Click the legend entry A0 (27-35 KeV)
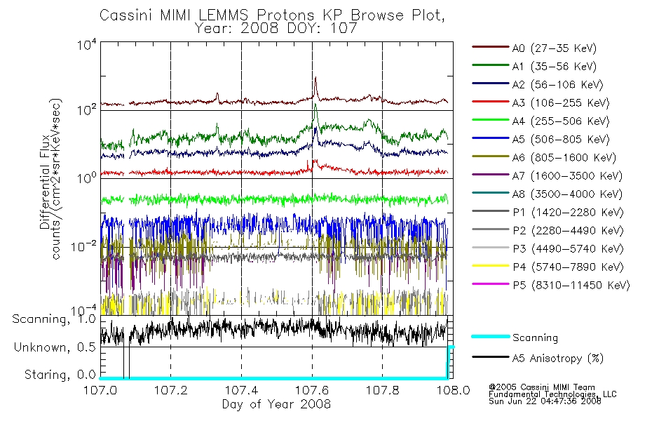pos(554,48)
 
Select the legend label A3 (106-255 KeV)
pos(561,103)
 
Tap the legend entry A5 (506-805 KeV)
pos(561,140)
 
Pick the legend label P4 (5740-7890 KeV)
pos(568,267)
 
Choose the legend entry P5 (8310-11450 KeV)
pos(571,286)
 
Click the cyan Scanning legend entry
pos(535,338)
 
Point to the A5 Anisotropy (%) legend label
pos(558,359)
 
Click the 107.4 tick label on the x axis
pos(242,390)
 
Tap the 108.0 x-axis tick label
pos(453,390)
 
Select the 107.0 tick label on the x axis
pos(100,390)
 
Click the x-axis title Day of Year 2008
pos(276,404)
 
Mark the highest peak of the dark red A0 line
pos(315,78)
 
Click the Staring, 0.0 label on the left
pos(60,375)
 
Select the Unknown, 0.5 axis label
pos(55,347)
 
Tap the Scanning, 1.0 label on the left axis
pos(54,319)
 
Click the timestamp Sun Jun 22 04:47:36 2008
pos(545,401)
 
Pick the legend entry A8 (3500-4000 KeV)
pos(567,194)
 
